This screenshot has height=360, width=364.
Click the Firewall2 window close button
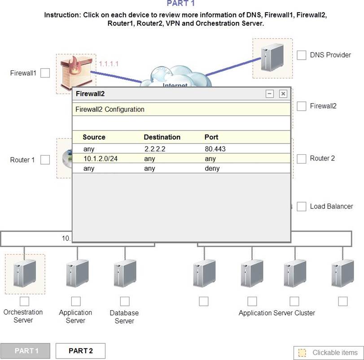tap(283, 94)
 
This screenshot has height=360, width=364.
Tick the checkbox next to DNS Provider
tap(302, 55)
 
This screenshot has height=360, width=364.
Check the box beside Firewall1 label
tap(45, 73)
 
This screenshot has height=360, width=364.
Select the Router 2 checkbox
tap(302, 159)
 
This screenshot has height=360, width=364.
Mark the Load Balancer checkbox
tap(302, 206)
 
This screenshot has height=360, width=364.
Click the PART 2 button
tap(80, 351)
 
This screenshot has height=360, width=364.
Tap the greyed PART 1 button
tap(26, 351)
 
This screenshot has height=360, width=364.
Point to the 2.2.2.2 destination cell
tap(155, 149)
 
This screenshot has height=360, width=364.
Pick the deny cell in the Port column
tap(212, 169)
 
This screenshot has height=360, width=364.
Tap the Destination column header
tap(162, 137)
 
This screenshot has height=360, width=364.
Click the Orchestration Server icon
tap(25, 273)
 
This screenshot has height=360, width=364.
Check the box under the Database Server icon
tap(125, 301)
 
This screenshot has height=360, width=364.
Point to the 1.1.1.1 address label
tap(109, 64)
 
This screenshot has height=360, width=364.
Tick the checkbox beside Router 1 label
tap(45, 160)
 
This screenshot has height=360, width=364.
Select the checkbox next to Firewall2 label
tap(302, 106)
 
